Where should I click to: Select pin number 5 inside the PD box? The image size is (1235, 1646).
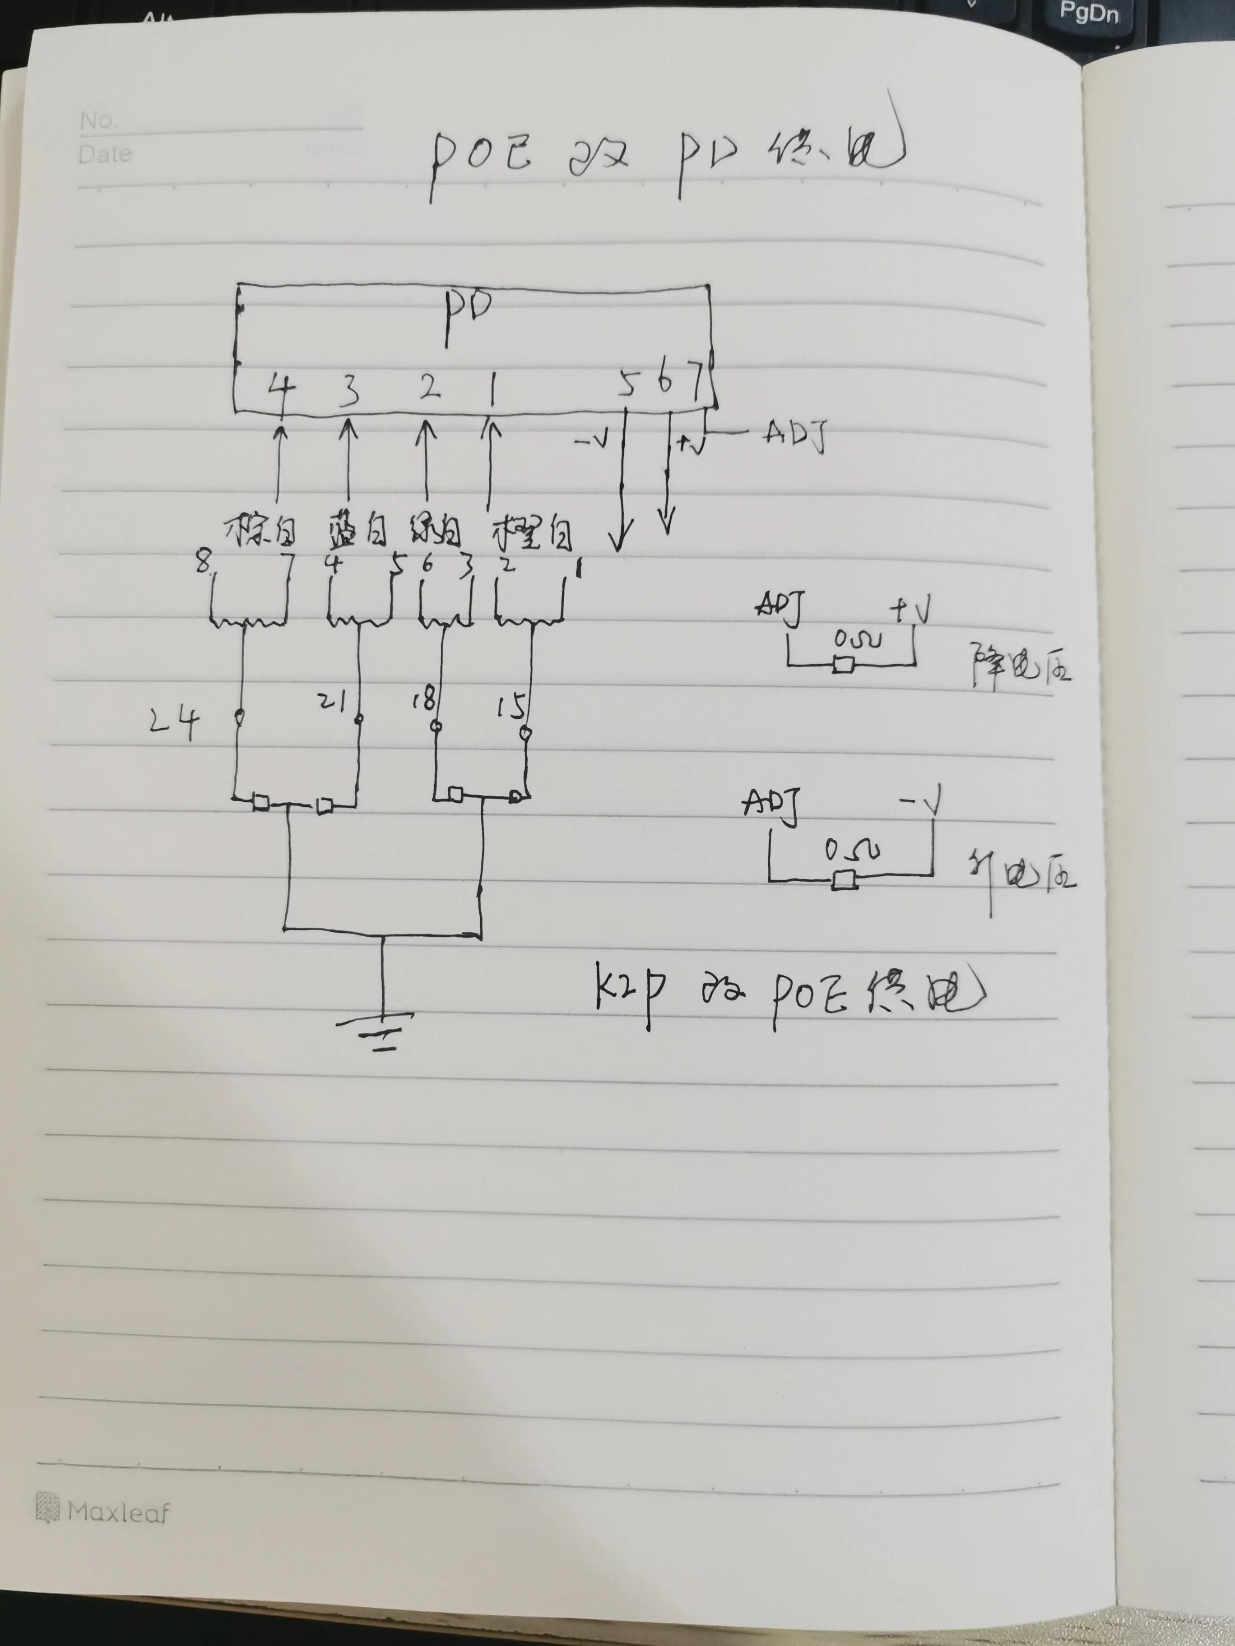pyautogui.click(x=627, y=385)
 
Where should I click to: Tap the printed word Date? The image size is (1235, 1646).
pyautogui.click(x=105, y=154)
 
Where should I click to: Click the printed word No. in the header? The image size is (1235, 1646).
pyautogui.click(x=97, y=120)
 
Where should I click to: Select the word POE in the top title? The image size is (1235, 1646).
pyautogui.click(x=480, y=158)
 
